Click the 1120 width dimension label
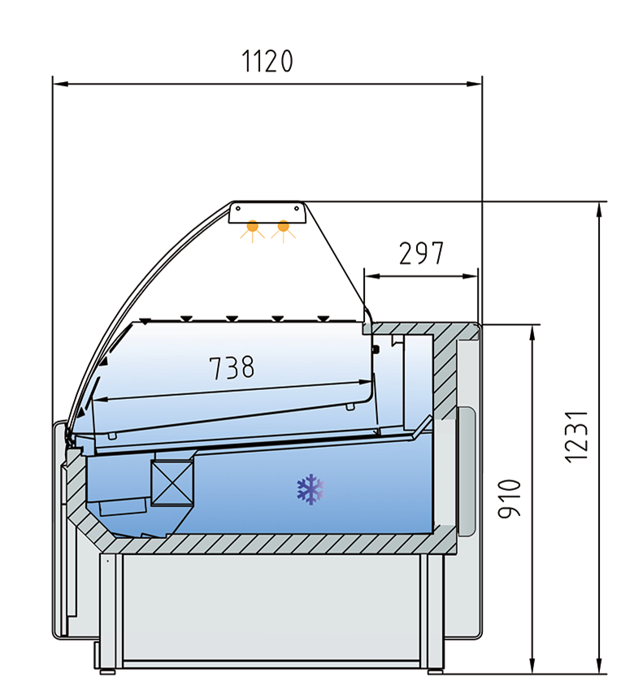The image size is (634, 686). [267, 61]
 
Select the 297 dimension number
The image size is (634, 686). [421, 254]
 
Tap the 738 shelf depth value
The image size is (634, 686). [232, 367]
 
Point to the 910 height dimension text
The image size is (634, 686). [510, 499]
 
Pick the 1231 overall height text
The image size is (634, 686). [575, 436]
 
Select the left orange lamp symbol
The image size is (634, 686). [253, 230]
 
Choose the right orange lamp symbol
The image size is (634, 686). [284, 230]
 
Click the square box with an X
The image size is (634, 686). [172, 483]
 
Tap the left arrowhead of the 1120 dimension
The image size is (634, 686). [60, 83]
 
